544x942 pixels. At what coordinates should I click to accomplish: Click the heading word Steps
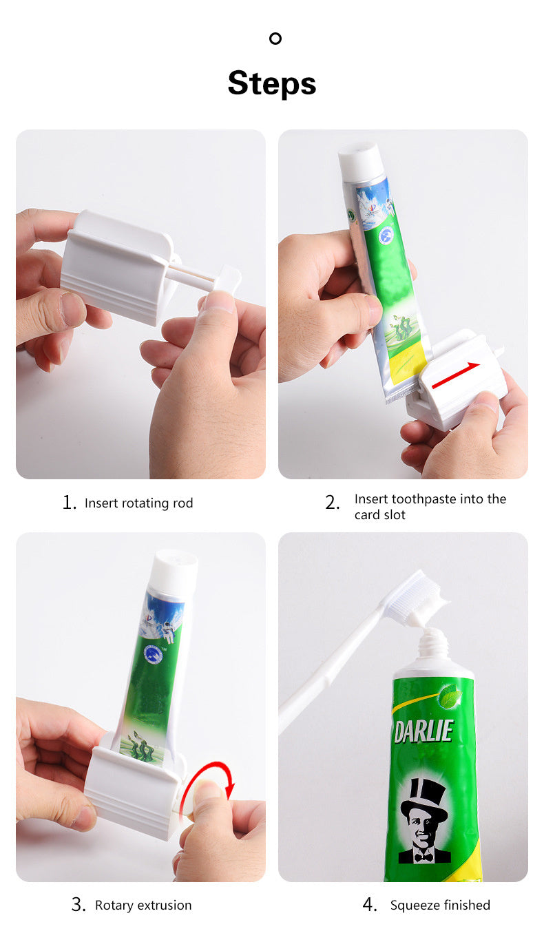pos(272,83)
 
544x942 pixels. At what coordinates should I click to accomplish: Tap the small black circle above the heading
pos(275,39)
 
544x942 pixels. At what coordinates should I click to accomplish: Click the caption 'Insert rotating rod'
pos(138,503)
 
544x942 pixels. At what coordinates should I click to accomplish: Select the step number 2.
pos(332,503)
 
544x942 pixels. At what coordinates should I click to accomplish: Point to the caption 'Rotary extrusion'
pos(143,906)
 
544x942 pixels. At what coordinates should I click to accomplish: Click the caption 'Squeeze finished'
pos(440,906)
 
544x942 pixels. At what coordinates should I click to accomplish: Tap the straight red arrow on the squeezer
pos(457,375)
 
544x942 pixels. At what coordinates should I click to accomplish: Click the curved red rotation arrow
pos(213,785)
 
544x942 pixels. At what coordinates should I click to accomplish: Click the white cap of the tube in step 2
pos(361,163)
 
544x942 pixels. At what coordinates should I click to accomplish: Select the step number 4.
pos(370,906)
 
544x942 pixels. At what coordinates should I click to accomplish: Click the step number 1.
pos(69,503)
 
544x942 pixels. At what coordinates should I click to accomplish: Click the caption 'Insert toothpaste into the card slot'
pos(430,507)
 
